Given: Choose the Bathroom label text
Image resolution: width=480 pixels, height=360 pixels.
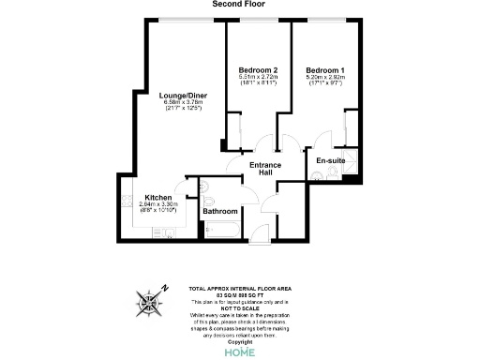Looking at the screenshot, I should (x=220, y=211).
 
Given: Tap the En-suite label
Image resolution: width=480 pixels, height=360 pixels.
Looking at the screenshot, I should (x=331, y=160).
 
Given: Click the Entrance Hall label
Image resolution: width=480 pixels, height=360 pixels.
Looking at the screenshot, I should (x=264, y=170).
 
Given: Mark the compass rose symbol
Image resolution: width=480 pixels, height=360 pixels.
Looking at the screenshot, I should (x=151, y=302).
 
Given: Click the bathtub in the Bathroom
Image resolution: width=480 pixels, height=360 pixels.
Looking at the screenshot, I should (x=221, y=227).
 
